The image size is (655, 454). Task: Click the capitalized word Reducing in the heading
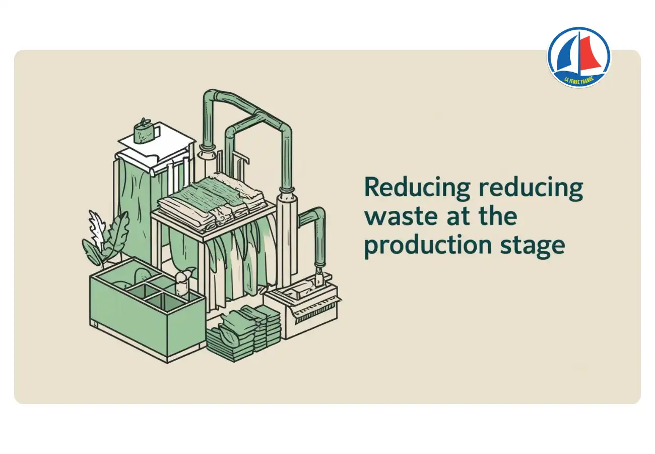point(417,189)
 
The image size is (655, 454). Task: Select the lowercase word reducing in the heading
point(531,189)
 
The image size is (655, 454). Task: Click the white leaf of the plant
point(95,228)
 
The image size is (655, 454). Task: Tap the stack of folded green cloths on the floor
point(244,332)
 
